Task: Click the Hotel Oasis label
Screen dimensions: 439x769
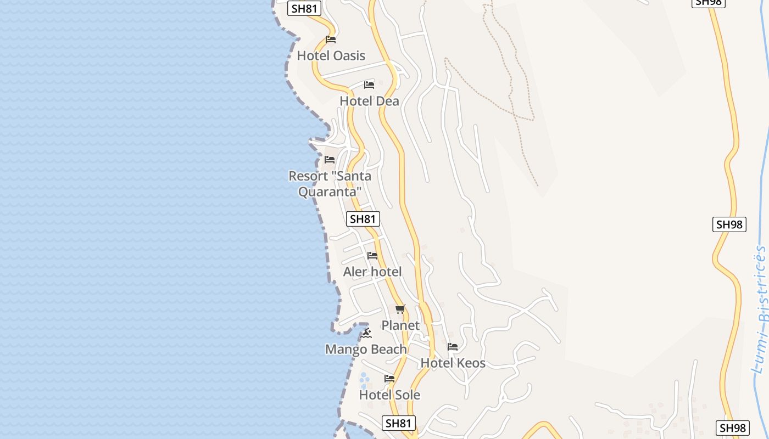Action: pyautogui.click(x=331, y=55)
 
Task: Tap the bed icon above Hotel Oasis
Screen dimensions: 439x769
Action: pyautogui.click(x=331, y=40)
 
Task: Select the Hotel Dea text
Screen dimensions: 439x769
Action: pyautogui.click(x=369, y=101)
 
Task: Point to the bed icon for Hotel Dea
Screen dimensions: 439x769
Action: pyautogui.click(x=369, y=85)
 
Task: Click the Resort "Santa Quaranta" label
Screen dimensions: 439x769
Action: pyautogui.click(x=330, y=184)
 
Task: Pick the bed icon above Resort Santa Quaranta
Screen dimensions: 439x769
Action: pyautogui.click(x=330, y=160)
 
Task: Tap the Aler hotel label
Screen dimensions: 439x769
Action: pyautogui.click(x=372, y=272)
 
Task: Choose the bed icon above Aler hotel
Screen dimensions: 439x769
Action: pyautogui.click(x=372, y=256)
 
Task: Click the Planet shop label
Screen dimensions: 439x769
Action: pyautogui.click(x=400, y=325)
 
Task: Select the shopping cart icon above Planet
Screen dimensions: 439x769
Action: pyautogui.click(x=400, y=309)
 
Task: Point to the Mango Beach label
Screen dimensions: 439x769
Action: pyautogui.click(x=366, y=349)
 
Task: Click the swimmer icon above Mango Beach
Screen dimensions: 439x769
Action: pyautogui.click(x=366, y=333)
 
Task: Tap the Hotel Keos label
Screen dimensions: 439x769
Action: pyautogui.click(x=453, y=363)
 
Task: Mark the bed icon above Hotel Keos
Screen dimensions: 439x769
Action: pyautogui.click(x=453, y=347)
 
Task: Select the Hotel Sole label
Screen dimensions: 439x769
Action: pyautogui.click(x=389, y=395)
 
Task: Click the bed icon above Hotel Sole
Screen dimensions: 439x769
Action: pyautogui.click(x=389, y=379)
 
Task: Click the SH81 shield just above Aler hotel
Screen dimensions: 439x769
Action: pyautogui.click(x=363, y=219)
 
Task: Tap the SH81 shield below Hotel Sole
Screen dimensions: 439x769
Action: pyautogui.click(x=398, y=423)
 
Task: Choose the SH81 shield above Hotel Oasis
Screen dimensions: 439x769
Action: pyautogui.click(x=304, y=8)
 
